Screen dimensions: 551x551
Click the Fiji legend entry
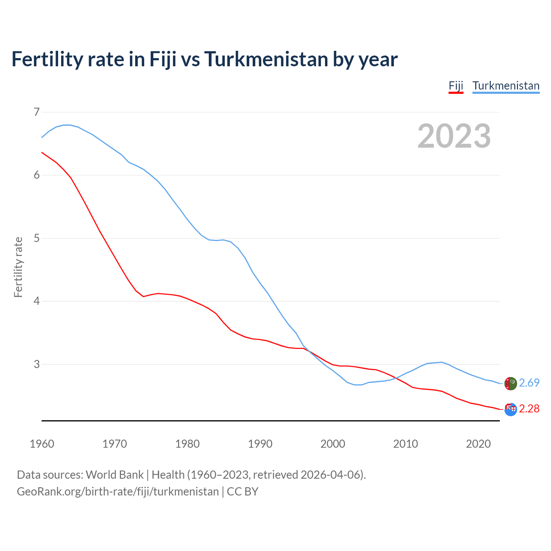[x=456, y=86]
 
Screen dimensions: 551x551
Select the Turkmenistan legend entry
[x=506, y=86]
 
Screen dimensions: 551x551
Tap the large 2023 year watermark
[x=454, y=136]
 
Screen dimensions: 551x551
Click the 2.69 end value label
[x=529, y=383]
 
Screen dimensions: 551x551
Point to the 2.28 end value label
[x=529, y=409]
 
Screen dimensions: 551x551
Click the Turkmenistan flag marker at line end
[x=511, y=383]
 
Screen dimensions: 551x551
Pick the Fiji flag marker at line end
[x=511, y=409]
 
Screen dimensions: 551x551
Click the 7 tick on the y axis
[x=37, y=112]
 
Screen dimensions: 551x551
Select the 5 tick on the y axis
[x=37, y=238]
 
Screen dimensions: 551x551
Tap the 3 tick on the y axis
[x=37, y=364]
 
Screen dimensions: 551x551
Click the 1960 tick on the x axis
[x=42, y=444]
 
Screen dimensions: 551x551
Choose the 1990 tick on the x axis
[x=260, y=444]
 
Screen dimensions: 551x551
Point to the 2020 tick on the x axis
[x=478, y=444]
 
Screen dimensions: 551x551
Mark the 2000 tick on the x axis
[x=333, y=444]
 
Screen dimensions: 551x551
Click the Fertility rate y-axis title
[x=18, y=267]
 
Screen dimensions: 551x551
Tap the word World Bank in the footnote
[x=115, y=475]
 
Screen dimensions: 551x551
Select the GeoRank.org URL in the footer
[x=118, y=492]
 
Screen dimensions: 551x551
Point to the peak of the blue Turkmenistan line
[x=67, y=125]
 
